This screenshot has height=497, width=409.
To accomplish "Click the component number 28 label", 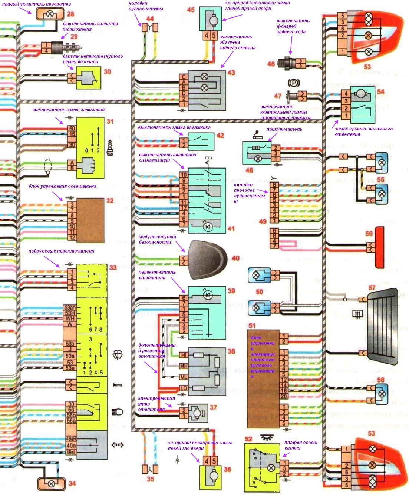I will pos(70,14).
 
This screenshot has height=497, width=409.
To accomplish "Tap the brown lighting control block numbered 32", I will pos(90,220).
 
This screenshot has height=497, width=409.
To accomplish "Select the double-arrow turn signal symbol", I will pos(118,444).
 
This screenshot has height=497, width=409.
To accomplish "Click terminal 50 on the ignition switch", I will pos(72,129).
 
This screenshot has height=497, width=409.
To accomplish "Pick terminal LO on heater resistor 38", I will pos(183,388).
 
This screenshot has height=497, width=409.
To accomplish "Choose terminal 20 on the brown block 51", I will pos(284,396).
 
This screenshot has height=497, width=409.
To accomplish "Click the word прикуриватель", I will pos(284,129).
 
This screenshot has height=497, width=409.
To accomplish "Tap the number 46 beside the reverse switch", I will pos(271,64).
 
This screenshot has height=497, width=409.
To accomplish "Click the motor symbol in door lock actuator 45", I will pos(214,21).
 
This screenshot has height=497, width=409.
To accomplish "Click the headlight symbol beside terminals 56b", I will pos(118,412).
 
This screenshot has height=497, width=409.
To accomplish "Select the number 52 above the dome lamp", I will pos(248,439).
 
